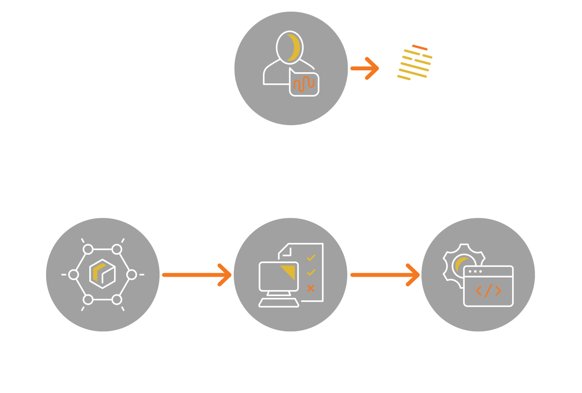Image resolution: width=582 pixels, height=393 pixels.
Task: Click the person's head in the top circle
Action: [290, 47]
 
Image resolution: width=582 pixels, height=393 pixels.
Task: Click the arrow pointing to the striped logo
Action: [365, 68]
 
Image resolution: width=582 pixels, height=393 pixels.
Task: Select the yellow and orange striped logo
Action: [414, 63]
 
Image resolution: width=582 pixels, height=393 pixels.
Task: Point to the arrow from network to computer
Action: [196, 275]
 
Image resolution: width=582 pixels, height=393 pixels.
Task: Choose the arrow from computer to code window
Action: [385, 275]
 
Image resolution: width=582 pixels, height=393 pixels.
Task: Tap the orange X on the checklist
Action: [311, 289]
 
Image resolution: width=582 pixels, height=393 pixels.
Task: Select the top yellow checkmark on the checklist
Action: [311, 257]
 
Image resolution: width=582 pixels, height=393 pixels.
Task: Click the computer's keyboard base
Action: [279, 303]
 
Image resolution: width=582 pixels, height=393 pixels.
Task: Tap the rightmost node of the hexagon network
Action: [131, 275]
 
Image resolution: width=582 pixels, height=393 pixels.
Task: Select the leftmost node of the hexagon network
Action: [74, 275]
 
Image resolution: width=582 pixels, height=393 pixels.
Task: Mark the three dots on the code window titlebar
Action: [475, 271]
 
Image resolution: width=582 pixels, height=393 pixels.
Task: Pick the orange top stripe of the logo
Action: [420, 48]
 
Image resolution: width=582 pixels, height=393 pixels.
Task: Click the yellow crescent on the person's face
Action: [293, 48]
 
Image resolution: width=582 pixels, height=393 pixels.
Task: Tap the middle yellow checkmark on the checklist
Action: [311, 273]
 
